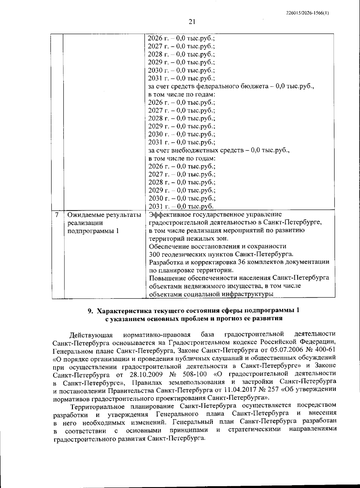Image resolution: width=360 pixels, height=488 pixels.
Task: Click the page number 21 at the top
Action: [192, 22]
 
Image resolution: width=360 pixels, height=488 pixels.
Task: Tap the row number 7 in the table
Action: [57, 215]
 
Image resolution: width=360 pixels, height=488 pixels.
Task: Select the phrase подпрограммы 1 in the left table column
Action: [93, 231]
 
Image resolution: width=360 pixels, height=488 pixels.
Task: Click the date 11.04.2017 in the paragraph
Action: [238, 390]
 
